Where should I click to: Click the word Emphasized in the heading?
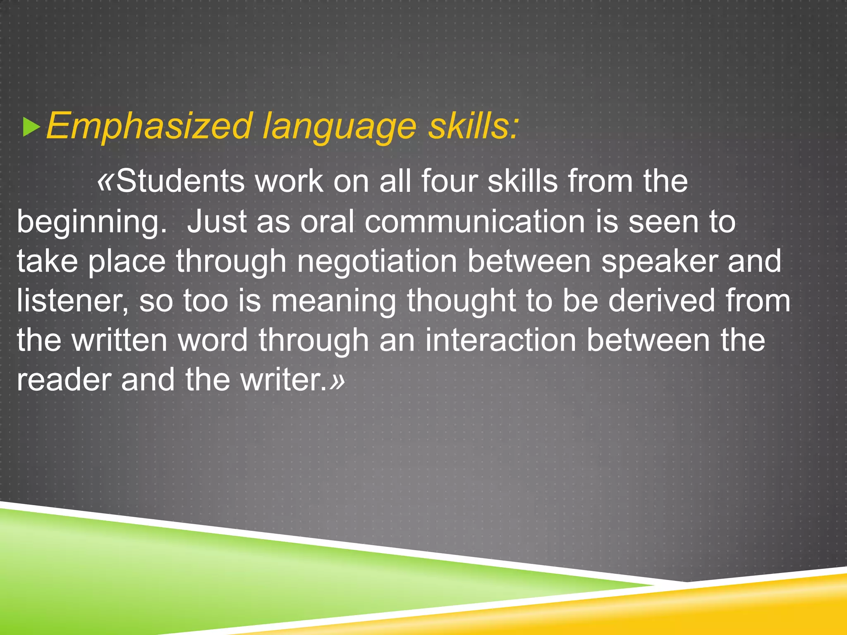pos(149,126)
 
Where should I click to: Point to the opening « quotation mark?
pos(105,181)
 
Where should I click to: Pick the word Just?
pos(217,222)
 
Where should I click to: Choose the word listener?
pos(72,301)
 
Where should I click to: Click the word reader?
pos(64,380)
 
